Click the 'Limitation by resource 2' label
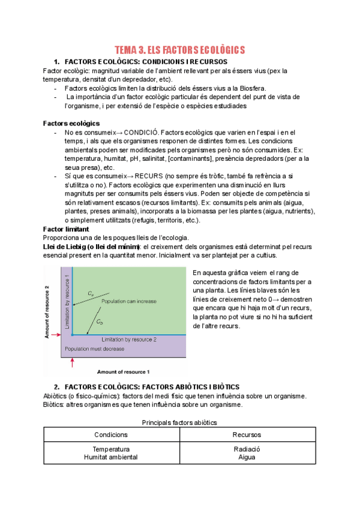[130, 340]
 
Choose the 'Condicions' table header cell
[111, 435]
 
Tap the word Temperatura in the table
[111, 449]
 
